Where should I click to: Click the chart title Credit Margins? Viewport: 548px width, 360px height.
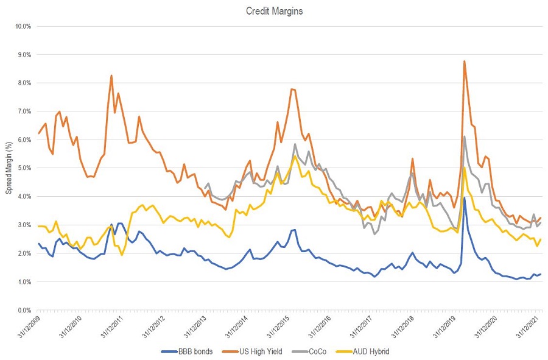tap(273, 10)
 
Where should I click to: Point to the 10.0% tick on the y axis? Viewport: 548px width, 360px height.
tap(22, 26)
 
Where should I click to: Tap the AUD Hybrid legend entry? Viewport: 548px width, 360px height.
tap(365, 351)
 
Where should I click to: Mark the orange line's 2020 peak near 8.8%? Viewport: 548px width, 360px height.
tap(465, 61)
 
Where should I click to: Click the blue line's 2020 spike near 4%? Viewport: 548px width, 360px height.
tap(465, 197)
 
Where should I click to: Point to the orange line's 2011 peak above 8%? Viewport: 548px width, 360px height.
tap(111, 76)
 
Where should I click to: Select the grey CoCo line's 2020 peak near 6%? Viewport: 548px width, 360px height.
tap(465, 136)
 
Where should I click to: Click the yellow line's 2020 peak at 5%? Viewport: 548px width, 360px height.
tap(465, 168)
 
